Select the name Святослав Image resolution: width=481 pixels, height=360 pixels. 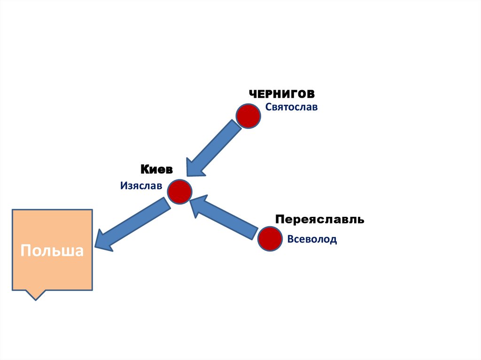[291, 107]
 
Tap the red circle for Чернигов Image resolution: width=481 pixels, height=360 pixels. [248, 116]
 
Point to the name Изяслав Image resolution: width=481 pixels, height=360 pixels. [141, 186]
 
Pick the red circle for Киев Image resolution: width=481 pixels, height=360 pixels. [180, 191]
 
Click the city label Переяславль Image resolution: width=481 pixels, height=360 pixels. [319, 219]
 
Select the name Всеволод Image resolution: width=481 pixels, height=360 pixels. [312, 239]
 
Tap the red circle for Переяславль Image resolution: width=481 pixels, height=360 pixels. [270, 238]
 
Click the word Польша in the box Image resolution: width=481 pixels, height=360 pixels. [52, 250]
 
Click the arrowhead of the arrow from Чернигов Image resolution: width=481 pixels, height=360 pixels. [193, 168]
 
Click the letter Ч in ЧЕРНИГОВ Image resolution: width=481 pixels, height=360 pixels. [253, 93]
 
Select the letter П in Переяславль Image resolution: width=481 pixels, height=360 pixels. [279, 219]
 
